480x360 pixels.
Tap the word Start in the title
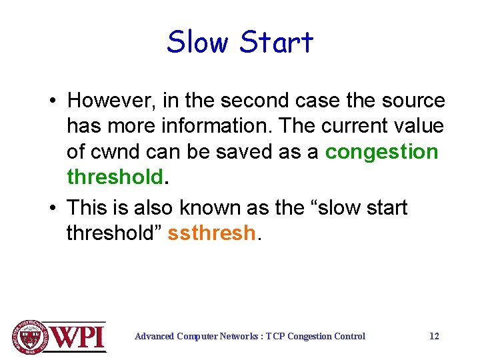(x=276, y=42)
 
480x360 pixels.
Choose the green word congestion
(x=381, y=152)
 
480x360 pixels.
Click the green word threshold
(x=115, y=177)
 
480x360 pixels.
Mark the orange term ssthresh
(x=211, y=233)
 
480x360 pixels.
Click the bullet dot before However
(x=51, y=101)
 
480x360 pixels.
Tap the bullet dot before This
(x=51, y=208)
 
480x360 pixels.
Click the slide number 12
(x=434, y=336)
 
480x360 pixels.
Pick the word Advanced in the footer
(x=155, y=336)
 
